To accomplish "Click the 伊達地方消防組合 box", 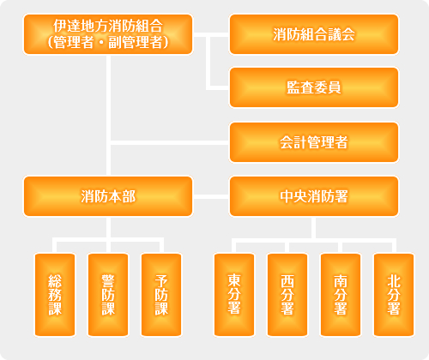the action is (x=108, y=34).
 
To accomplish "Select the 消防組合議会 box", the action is (x=314, y=34).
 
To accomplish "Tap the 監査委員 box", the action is (x=314, y=87).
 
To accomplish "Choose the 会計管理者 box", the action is (x=314, y=142).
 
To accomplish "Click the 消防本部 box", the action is (x=108, y=196).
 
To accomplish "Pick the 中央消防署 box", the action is (x=314, y=196).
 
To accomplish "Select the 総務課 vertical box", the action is (x=55, y=295).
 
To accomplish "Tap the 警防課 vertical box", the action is (x=108, y=295).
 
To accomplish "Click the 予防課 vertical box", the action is (x=161, y=295).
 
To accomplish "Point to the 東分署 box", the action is (x=234, y=295).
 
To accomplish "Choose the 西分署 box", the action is (x=287, y=295).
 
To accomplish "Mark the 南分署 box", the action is (x=341, y=295).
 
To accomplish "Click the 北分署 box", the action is (x=394, y=295).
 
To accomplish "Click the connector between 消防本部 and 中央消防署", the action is (x=211, y=196).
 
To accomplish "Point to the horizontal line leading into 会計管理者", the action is (x=170, y=142).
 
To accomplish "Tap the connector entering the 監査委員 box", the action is (x=217, y=87).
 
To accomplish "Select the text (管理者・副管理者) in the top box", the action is (x=108, y=42).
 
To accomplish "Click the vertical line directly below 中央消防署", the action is (x=314, y=228).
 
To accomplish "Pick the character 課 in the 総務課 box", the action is (x=55, y=309).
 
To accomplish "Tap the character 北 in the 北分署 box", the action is (x=394, y=281).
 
